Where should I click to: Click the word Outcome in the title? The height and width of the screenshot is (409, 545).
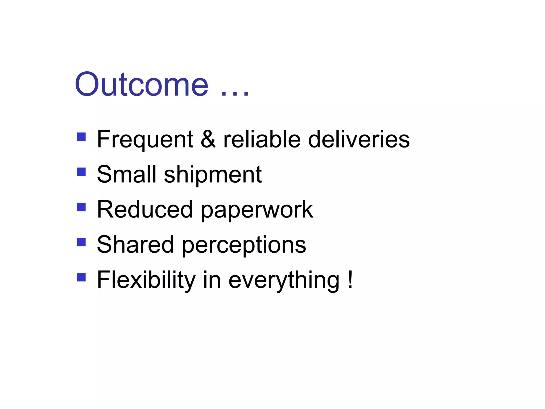142,85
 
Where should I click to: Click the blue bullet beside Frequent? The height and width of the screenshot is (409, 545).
81,137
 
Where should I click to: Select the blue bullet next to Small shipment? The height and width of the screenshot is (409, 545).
81,172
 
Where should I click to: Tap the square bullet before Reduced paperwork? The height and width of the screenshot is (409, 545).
81,207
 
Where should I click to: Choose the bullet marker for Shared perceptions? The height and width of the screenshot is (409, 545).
81,242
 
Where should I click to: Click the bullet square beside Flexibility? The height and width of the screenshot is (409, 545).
81,277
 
